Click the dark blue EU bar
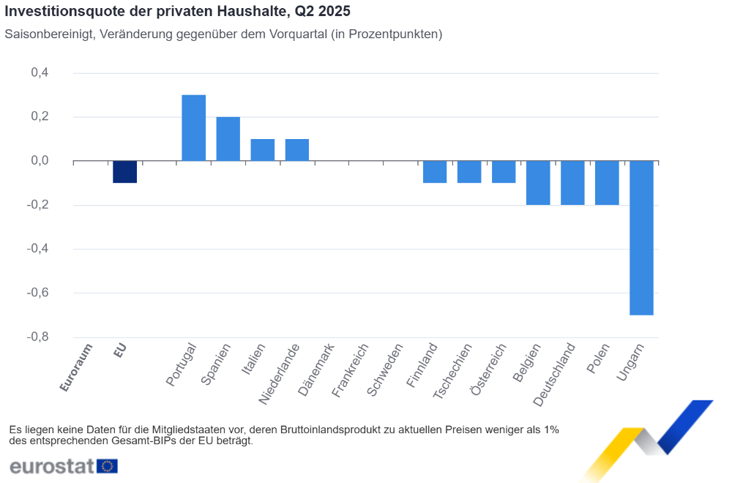(x=124, y=172)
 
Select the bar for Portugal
(x=193, y=128)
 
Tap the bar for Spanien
(x=228, y=139)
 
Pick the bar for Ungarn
(x=641, y=238)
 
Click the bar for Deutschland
(x=572, y=183)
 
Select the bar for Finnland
(x=435, y=172)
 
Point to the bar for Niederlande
(x=296, y=150)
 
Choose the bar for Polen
(x=607, y=183)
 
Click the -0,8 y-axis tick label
(x=38, y=337)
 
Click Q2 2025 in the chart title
(x=320, y=12)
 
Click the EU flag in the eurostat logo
(x=107, y=466)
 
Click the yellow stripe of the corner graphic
(x=613, y=450)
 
